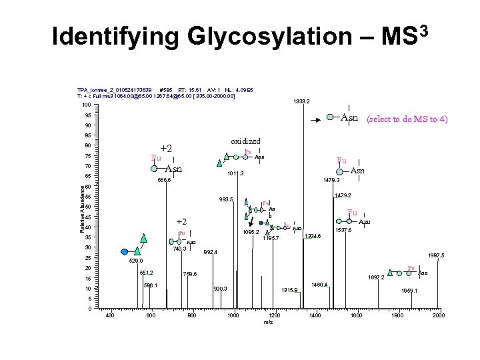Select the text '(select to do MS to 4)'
407,119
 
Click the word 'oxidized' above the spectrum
245,141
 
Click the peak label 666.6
164,180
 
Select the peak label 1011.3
235,173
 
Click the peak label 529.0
136,261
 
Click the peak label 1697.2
377,278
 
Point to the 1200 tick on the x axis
274,315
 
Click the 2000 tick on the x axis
438,315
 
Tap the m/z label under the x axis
268,323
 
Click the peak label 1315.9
289,290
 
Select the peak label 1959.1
409,291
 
